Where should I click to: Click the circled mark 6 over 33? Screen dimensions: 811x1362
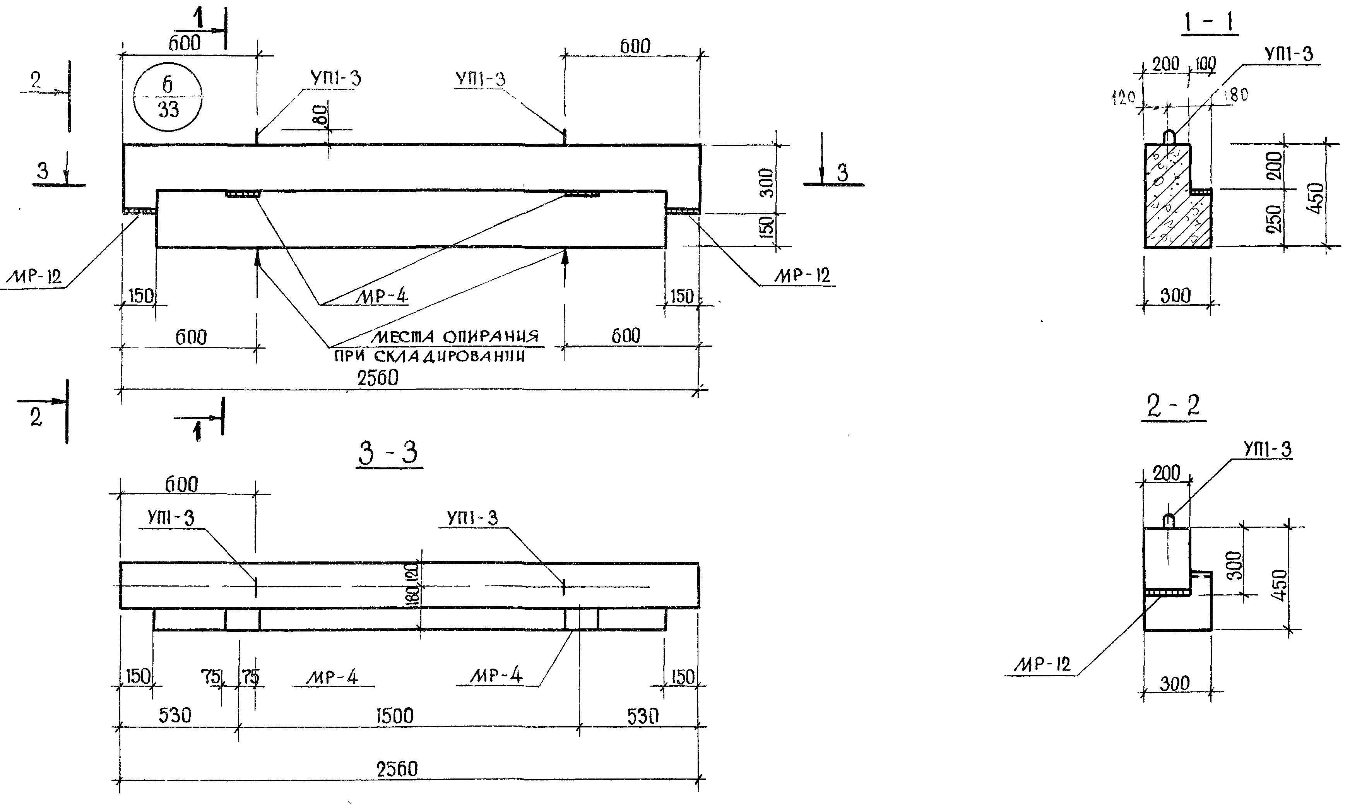coord(168,97)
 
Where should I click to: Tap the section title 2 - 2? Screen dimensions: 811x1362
coord(1173,407)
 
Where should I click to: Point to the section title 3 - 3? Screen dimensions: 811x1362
coord(388,453)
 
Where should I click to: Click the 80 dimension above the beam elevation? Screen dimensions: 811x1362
coord(322,115)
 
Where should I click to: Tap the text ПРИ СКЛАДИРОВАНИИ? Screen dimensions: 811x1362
coord(429,357)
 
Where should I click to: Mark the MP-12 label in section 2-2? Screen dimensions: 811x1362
coord(1042,665)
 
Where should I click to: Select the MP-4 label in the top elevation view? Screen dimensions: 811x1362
coord(382,296)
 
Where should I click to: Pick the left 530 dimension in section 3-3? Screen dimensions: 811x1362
coord(175,715)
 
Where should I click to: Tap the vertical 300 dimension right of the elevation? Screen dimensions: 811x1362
coord(767,183)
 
